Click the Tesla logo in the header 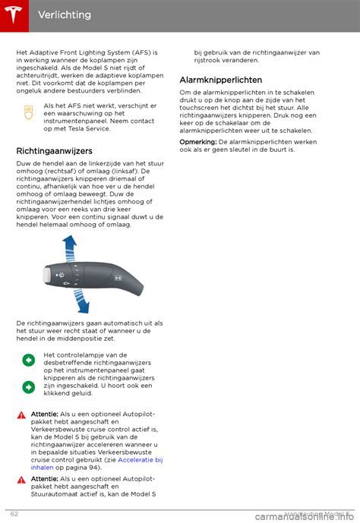pos(14,15)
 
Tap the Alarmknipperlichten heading pos(221,80)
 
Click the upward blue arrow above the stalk pos(69,250)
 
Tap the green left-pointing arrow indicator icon pos(29,360)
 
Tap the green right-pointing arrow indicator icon pos(29,386)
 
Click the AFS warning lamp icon pos(29,112)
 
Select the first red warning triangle pos(22,414)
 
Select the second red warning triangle pos(22,480)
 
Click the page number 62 pos(14,514)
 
